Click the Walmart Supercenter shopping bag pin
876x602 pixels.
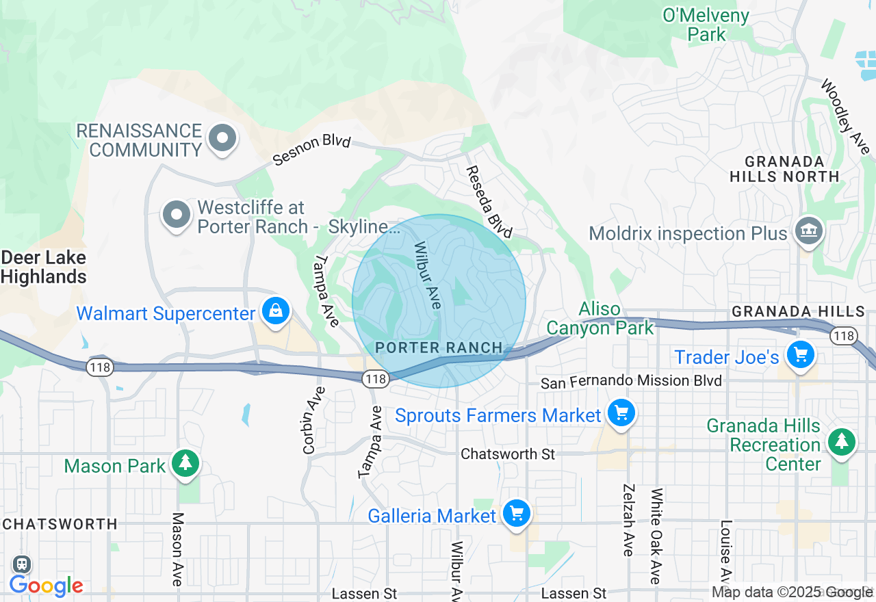[275, 311]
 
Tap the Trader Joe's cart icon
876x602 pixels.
[800, 354]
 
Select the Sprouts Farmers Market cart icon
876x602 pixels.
[621, 413]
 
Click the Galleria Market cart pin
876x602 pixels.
[516, 512]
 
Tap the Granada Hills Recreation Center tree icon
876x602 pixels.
[841, 441]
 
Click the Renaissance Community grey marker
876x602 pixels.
[222, 138]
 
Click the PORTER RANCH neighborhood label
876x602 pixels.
[439, 348]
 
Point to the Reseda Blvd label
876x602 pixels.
[489, 202]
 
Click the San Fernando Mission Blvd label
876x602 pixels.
[631, 381]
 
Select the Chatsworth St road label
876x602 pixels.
[508, 454]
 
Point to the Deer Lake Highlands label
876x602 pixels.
[44, 267]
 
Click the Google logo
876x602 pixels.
[46, 586]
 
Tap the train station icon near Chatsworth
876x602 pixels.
[22, 564]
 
